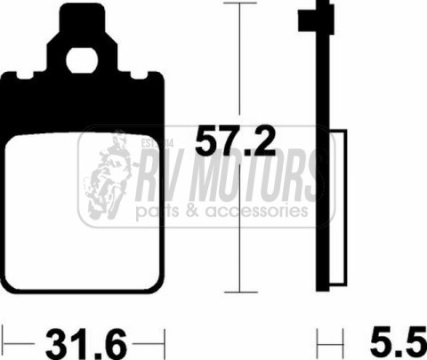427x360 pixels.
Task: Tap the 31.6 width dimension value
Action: pos(82,340)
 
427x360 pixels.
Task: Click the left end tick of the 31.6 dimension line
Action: pos(4,339)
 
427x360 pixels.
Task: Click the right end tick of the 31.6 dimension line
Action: pos(162,339)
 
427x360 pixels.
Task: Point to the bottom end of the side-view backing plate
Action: pos(322,286)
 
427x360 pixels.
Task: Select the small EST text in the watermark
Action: pos(145,140)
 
